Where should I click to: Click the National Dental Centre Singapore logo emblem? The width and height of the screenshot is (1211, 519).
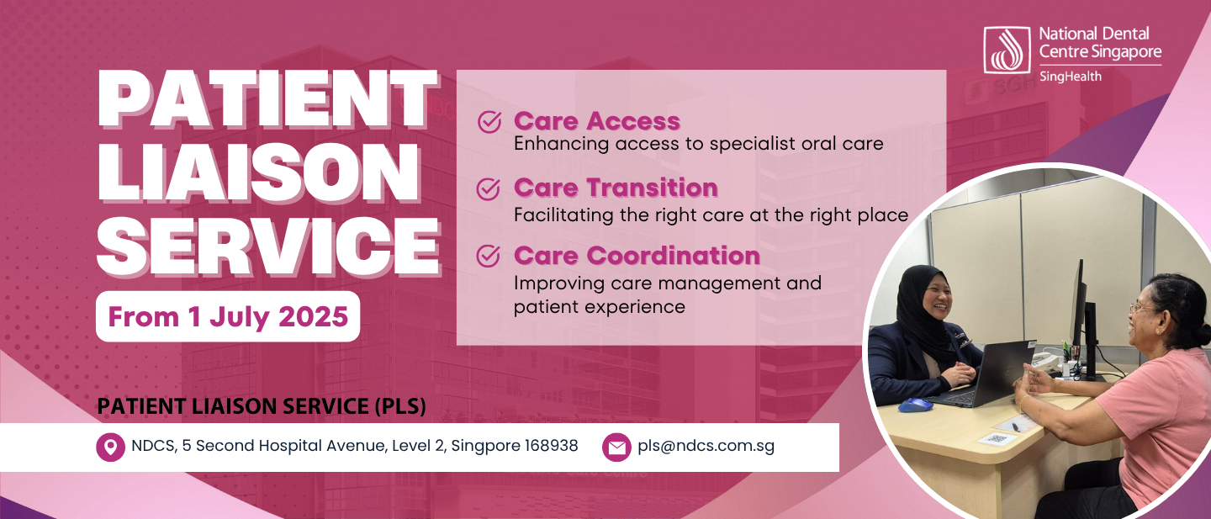pos(1007,50)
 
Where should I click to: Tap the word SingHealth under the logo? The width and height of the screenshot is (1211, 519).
pos(1070,77)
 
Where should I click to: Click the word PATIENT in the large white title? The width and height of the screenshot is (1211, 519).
pos(267,99)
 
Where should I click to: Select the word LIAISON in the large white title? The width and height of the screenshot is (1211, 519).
pos(259,172)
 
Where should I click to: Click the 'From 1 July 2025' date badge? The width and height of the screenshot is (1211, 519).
pos(228,316)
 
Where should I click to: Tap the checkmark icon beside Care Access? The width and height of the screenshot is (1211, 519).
pos(489,122)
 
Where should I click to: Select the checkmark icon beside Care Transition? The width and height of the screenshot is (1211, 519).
pos(488,188)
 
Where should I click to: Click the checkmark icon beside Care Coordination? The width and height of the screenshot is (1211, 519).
pos(488,256)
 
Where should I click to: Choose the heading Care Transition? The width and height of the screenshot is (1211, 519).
pos(616,188)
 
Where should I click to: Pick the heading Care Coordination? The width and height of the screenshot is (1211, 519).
pos(637,255)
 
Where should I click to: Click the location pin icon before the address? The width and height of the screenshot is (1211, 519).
pos(110,448)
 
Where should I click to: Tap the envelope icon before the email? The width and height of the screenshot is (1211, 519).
pos(616,448)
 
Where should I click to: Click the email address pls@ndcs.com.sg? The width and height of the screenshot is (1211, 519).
pos(706,446)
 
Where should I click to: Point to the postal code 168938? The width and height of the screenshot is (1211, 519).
pos(552,446)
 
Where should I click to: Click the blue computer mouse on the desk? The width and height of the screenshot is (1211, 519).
pos(915,404)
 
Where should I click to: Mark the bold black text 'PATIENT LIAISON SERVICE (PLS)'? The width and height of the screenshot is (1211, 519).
pos(262,406)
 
